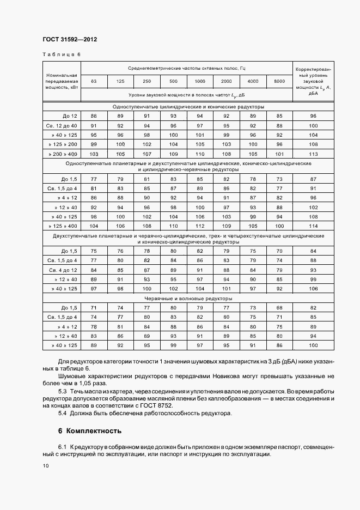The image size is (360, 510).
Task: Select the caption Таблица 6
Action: (x=61, y=54)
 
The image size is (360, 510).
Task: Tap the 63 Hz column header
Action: (x=94, y=81)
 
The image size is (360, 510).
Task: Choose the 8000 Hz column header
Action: (x=279, y=81)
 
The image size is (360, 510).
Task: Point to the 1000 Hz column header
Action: (x=200, y=81)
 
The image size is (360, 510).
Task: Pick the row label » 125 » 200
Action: (x=64, y=144)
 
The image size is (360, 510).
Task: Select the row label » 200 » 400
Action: (x=64, y=153)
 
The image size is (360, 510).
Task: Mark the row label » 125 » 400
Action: (x=64, y=225)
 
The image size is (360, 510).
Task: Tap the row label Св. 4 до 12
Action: (x=63, y=270)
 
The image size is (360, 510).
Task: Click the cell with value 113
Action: (x=313, y=153)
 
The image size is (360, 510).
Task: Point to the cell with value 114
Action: (x=313, y=225)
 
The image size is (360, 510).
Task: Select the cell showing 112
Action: (x=200, y=225)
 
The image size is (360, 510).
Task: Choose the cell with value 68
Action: (x=279, y=307)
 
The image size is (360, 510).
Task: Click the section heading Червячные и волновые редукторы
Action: (x=188, y=299)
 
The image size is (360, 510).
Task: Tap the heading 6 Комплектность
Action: (x=89, y=430)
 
